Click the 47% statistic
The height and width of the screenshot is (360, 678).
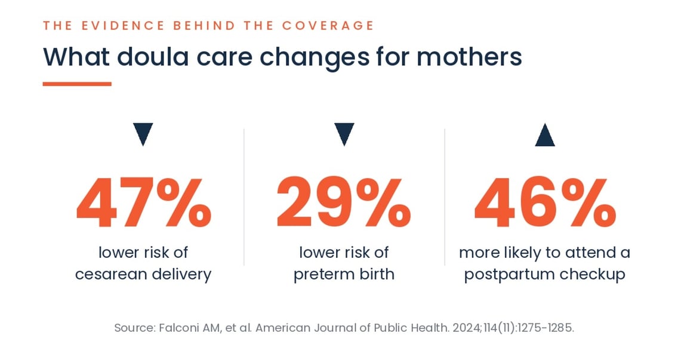click(144, 202)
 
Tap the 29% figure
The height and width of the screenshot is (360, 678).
click(344, 202)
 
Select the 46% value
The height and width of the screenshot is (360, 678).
click(545, 202)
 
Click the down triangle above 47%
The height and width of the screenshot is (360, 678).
click(143, 134)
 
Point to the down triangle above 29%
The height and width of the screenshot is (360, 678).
click(344, 134)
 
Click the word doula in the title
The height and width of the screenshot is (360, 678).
click(153, 57)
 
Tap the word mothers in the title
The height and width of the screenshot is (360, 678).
click(469, 57)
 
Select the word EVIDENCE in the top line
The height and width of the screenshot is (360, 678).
click(123, 26)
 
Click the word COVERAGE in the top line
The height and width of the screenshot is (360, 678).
click(328, 26)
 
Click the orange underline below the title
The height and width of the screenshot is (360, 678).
click(77, 84)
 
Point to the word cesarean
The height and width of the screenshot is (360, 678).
click(112, 274)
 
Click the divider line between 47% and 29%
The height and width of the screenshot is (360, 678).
click(244, 197)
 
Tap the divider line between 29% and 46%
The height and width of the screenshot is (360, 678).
click(445, 197)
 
